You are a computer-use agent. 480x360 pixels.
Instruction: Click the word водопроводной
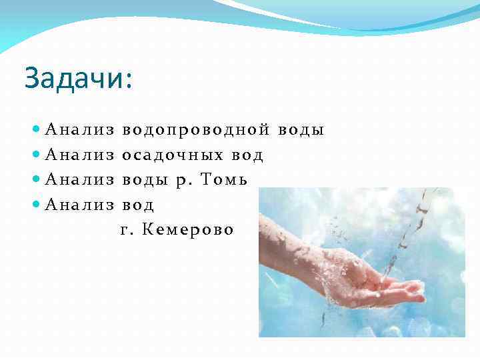(x=196, y=130)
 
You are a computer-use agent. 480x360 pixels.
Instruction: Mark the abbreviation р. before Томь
(x=183, y=181)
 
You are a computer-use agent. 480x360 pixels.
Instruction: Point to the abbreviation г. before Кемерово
(x=127, y=231)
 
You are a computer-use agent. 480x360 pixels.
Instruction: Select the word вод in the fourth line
(x=139, y=205)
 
